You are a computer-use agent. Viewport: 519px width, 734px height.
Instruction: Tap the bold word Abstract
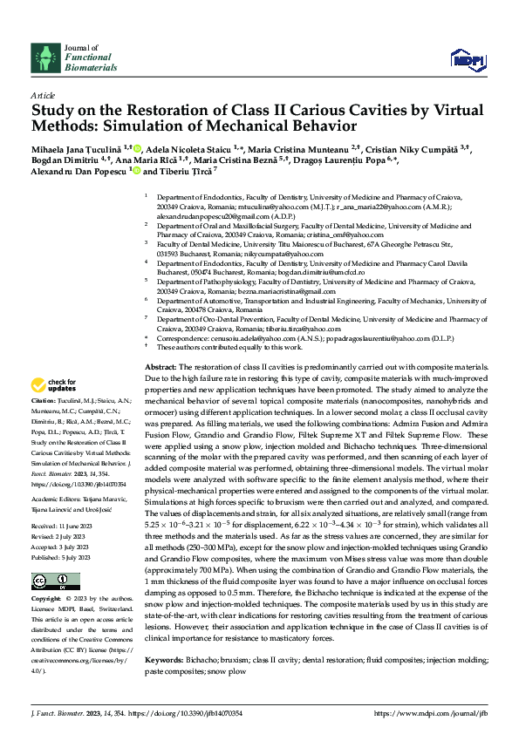point(160,370)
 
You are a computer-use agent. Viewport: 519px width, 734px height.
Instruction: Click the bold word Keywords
point(162,660)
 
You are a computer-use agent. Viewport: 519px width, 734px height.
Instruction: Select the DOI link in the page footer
point(195,713)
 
